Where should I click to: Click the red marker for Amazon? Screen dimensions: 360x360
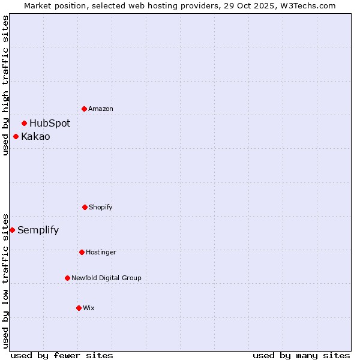pos(84,109)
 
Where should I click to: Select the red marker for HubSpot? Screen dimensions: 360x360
pos(24,123)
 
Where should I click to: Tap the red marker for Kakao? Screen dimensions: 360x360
pos(16,136)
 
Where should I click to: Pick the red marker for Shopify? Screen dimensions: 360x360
pos(85,207)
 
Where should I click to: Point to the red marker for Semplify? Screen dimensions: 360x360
pos(12,230)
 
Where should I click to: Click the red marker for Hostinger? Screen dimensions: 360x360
pos(82,252)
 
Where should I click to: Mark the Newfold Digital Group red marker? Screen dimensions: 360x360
pos(67,278)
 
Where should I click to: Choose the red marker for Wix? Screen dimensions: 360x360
pos(79,308)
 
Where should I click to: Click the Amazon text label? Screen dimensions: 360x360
pos(101,109)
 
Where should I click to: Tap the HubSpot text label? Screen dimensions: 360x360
pos(50,123)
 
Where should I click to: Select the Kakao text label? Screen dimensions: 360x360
pos(35,136)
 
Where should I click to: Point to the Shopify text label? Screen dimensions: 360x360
pos(101,207)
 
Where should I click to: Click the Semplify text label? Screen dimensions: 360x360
pos(38,230)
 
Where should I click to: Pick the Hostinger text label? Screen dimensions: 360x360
pos(101,252)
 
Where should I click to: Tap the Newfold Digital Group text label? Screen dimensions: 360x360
pos(106,278)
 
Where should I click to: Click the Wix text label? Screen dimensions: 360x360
pos(89,308)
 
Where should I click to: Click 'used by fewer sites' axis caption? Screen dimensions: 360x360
pos(62,355)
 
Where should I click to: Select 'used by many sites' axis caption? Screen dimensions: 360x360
pos(301,355)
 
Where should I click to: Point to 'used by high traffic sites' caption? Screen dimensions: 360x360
pos(5,85)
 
